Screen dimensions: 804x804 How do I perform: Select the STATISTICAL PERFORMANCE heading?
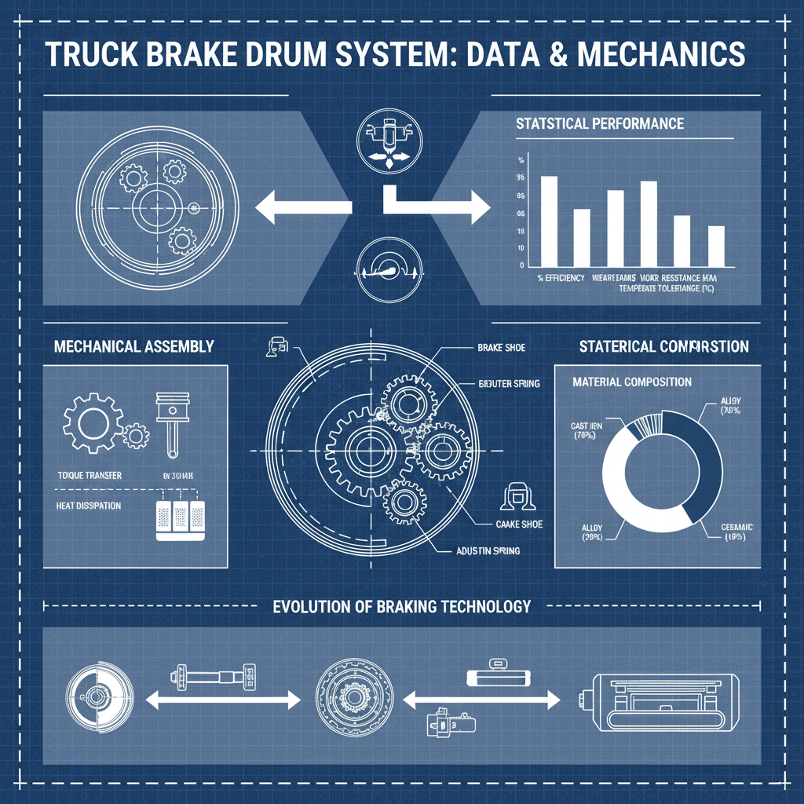(x=600, y=123)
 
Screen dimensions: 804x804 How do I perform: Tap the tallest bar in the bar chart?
(x=549, y=221)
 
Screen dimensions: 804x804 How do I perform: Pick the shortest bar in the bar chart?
(x=715, y=246)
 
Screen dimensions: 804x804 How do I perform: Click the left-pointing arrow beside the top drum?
(x=302, y=208)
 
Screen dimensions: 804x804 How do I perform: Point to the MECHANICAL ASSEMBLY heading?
(x=133, y=345)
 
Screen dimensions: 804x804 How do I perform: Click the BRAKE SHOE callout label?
(x=502, y=346)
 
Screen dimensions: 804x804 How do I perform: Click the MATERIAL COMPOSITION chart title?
(x=633, y=382)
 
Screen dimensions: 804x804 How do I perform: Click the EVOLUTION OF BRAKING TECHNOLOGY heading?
(x=401, y=606)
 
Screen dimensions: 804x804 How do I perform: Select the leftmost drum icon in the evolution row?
(x=97, y=696)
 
